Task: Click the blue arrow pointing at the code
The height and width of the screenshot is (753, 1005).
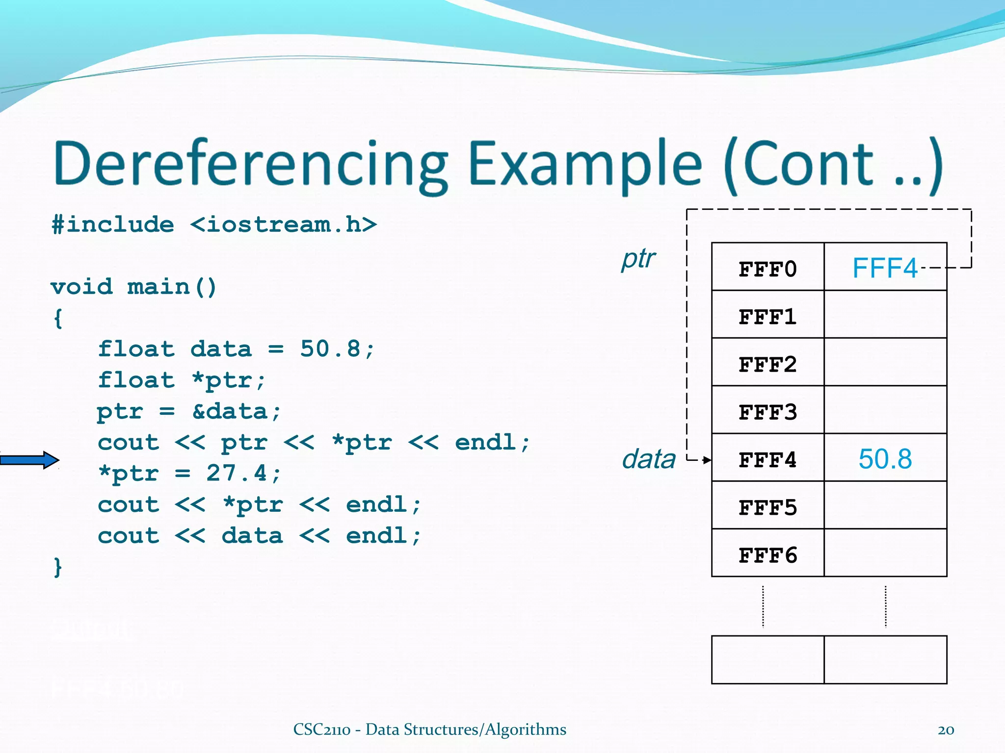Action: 29,460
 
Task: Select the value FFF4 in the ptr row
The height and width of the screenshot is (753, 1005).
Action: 884,268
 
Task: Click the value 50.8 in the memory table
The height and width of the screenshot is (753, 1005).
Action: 885,459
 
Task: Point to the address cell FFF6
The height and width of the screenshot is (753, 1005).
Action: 767,555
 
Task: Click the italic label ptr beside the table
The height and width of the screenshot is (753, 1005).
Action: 638,259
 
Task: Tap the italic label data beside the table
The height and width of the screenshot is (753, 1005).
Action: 648,459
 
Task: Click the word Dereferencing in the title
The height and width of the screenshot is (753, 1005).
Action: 250,164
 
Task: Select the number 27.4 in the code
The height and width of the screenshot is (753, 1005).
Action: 237,473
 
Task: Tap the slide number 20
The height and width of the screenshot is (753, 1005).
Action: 946,730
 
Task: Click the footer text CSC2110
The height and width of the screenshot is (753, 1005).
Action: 321,729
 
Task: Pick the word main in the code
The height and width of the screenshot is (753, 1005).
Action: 159,287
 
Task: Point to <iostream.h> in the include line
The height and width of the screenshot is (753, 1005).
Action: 283,225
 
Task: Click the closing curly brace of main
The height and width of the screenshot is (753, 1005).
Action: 58,567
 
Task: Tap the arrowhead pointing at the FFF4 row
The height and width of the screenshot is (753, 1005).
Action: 707,460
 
